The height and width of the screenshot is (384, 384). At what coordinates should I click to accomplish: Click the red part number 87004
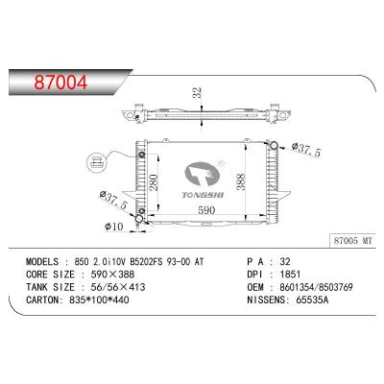coord(60,83)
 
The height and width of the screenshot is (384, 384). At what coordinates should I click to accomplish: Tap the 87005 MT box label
coord(353,241)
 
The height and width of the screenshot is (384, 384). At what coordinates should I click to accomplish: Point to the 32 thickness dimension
coord(198,92)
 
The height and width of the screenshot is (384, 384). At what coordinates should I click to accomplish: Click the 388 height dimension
coord(240,181)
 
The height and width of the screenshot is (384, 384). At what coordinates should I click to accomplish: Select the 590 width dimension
coord(206,210)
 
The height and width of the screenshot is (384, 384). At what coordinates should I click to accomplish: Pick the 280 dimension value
coord(154,182)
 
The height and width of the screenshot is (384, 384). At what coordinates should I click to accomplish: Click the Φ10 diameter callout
coord(113,227)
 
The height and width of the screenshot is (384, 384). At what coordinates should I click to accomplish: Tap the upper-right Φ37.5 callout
coord(306,150)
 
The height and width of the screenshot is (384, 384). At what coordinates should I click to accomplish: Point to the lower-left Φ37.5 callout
coord(113,201)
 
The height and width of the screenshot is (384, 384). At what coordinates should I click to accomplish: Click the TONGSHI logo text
coord(203,195)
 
